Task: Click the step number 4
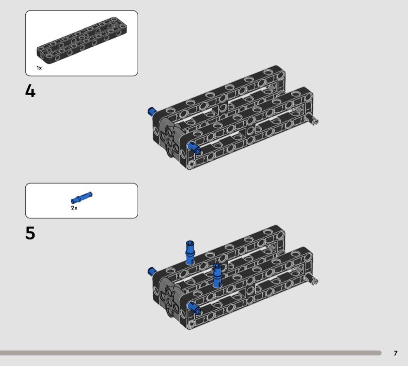tap(30, 91)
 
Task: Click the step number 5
tap(30, 233)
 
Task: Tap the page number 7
tap(396, 353)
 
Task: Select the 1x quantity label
tap(39, 68)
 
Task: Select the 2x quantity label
tap(74, 208)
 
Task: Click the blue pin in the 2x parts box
tap(82, 197)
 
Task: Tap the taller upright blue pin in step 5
tap(190, 253)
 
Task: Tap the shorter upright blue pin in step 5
tap(217, 275)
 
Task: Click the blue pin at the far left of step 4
tap(151, 112)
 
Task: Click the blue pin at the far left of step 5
tap(151, 271)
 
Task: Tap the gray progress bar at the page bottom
tap(191, 353)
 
